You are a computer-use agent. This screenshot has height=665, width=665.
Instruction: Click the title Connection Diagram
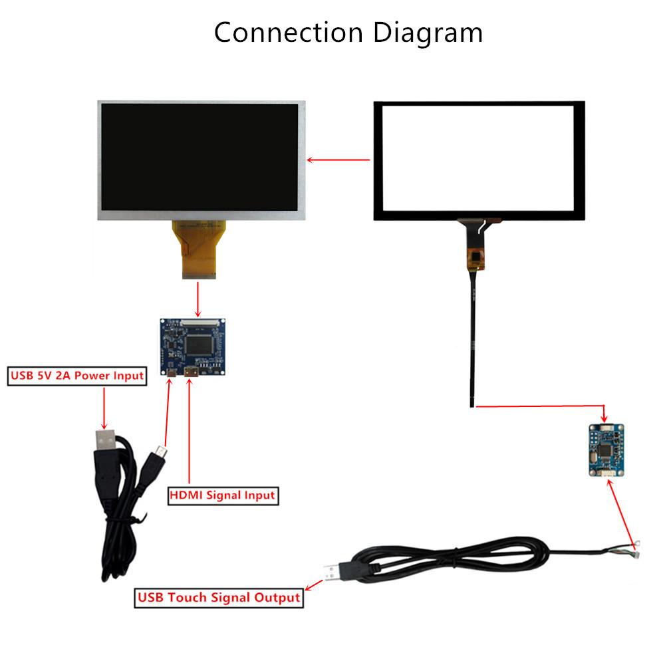tap(348, 32)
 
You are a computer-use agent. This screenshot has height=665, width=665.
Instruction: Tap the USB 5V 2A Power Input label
tap(76, 376)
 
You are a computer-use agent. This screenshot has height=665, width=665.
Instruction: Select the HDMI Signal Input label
tap(222, 495)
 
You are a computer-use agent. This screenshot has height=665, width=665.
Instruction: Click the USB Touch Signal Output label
tap(219, 597)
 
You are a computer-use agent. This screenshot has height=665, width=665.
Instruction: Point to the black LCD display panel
tap(201, 160)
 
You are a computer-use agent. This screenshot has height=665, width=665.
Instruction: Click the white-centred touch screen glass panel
tap(479, 160)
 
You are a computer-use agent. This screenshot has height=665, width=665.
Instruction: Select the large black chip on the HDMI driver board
tap(199, 344)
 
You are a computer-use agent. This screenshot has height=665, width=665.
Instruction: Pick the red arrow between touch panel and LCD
tap(339, 160)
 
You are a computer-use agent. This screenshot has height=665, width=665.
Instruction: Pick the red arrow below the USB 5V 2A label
tap(104, 406)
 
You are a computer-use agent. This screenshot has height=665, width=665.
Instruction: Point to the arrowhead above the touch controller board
tap(604, 416)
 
